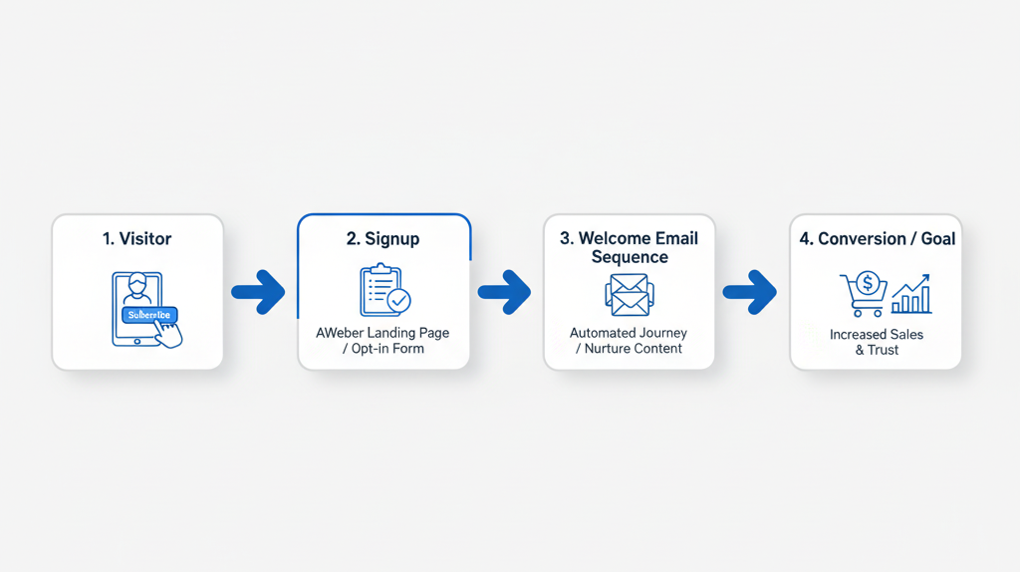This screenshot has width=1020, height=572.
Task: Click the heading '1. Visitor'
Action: (x=137, y=239)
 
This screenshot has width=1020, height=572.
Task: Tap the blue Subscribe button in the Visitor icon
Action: (x=149, y=315)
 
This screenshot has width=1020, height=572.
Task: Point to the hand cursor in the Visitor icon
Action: (x=170, y=334)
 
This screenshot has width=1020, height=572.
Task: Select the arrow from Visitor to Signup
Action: (x=259, y=292)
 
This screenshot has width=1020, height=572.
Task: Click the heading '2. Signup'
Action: (x=382, y=239)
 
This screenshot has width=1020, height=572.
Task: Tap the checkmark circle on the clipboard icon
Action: (x=398, y=300)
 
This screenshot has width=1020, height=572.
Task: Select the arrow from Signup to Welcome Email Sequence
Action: (x=504, y=292)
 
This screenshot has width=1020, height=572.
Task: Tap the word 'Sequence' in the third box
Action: (x=629, y=257)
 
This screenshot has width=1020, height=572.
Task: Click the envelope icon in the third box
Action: (x=629, y=295)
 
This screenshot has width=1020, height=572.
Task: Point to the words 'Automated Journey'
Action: (x=629, y=332)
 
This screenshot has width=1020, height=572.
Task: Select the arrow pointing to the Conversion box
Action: (x=749, y=292)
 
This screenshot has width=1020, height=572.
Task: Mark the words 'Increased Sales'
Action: (x=877, y=334)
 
